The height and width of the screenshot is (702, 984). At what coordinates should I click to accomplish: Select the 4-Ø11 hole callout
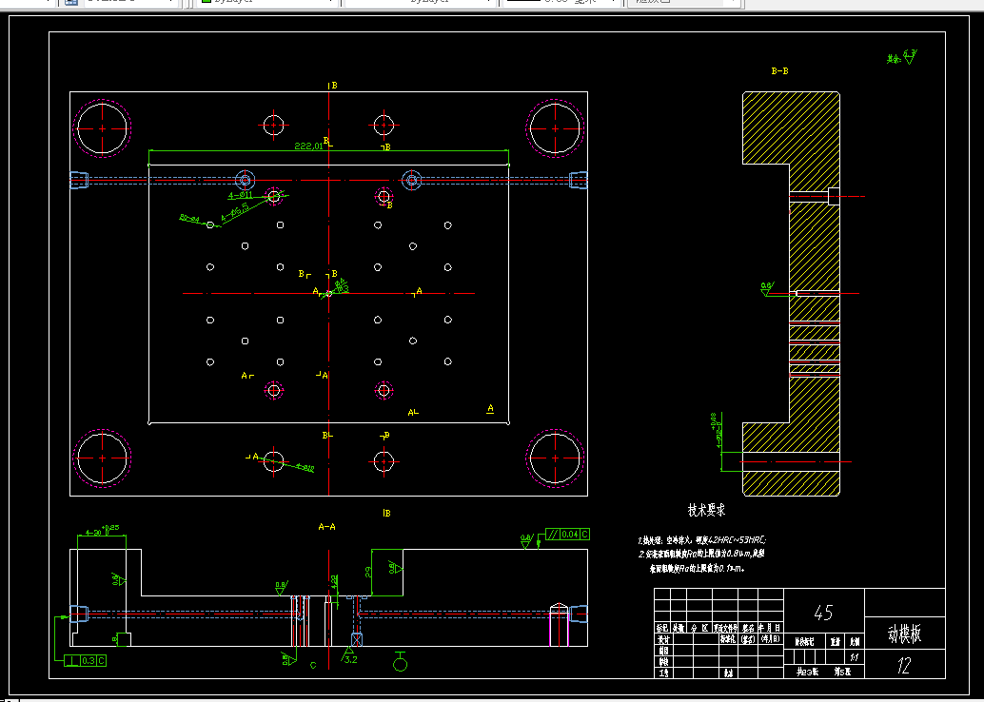240,194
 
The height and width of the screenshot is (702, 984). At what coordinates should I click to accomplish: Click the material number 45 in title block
823,612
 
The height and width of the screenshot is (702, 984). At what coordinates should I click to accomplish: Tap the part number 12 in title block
904,667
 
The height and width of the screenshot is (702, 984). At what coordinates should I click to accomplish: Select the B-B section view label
779,71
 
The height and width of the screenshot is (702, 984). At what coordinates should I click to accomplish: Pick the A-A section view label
326,525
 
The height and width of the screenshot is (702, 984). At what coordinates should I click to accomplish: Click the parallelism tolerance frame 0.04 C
568,535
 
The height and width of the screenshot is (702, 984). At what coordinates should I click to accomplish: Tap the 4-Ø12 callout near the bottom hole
305,467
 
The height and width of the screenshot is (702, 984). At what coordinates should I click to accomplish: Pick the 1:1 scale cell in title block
854,656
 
